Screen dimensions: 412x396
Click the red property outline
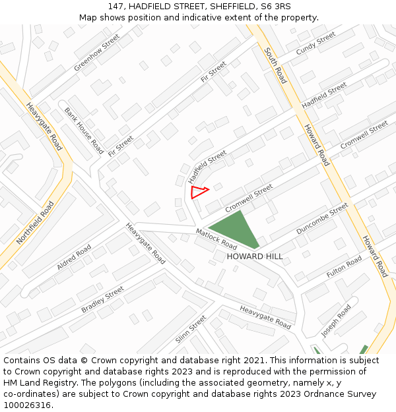coord(198,192)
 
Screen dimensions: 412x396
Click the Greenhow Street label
coord(97,53)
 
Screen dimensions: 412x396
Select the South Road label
coord(275,65)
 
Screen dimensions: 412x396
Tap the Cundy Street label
coord(315,44)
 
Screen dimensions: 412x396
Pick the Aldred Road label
coord(74,257)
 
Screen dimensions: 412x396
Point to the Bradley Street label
coord(102,299)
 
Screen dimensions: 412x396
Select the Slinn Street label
coord(191,330)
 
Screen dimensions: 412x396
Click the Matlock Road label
coord(216,239)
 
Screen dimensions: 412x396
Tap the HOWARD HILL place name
coord(255,256)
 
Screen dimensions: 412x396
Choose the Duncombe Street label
coord(322,219)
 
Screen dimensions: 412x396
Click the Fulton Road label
coord(344,266)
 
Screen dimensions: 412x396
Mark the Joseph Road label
coord(336,320)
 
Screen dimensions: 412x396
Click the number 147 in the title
coord(117,6)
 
